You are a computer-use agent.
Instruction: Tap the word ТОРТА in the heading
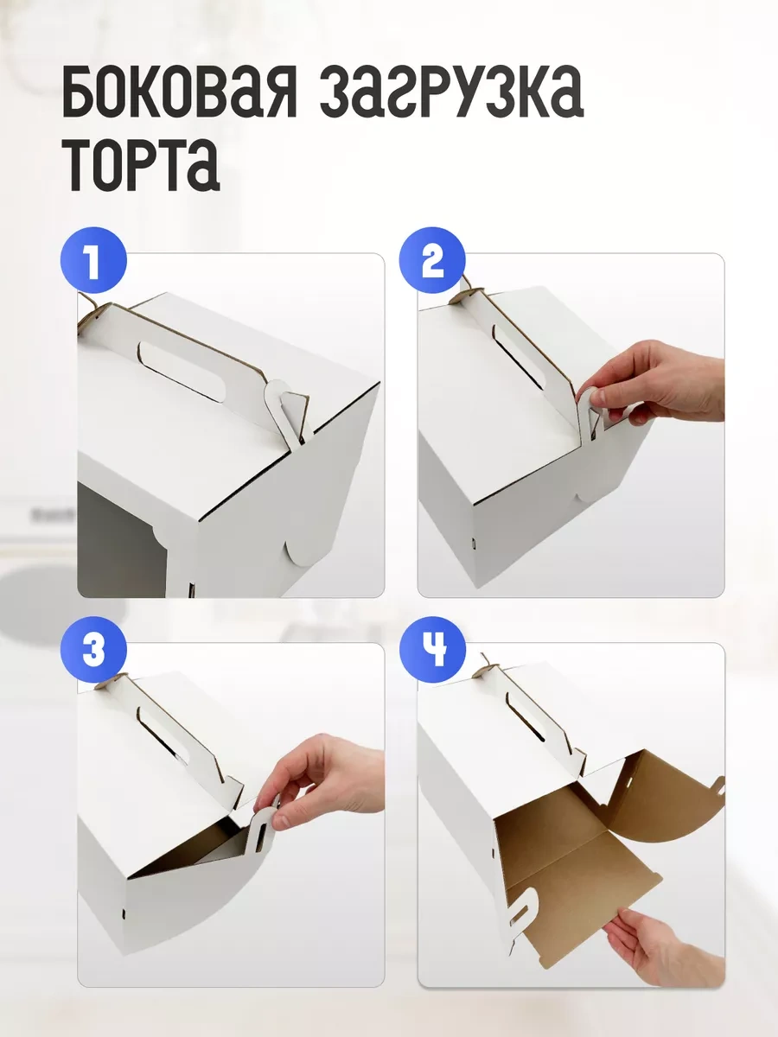pyautogui.click(x=144, y=164)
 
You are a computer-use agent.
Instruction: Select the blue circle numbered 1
pyautogui.click(x=93, y=260)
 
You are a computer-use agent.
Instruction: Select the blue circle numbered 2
pyautogui.click(x=432, y=260)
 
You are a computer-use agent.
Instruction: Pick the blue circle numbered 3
pyautogui.click(x=93, y=650)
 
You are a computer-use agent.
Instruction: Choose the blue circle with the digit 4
pyautogui.click(x=432, y=650)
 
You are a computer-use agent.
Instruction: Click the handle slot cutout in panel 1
pyautogui.click(x=182, y=372)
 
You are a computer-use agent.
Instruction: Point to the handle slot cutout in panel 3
pyautogui.click(x=163, y=735)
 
